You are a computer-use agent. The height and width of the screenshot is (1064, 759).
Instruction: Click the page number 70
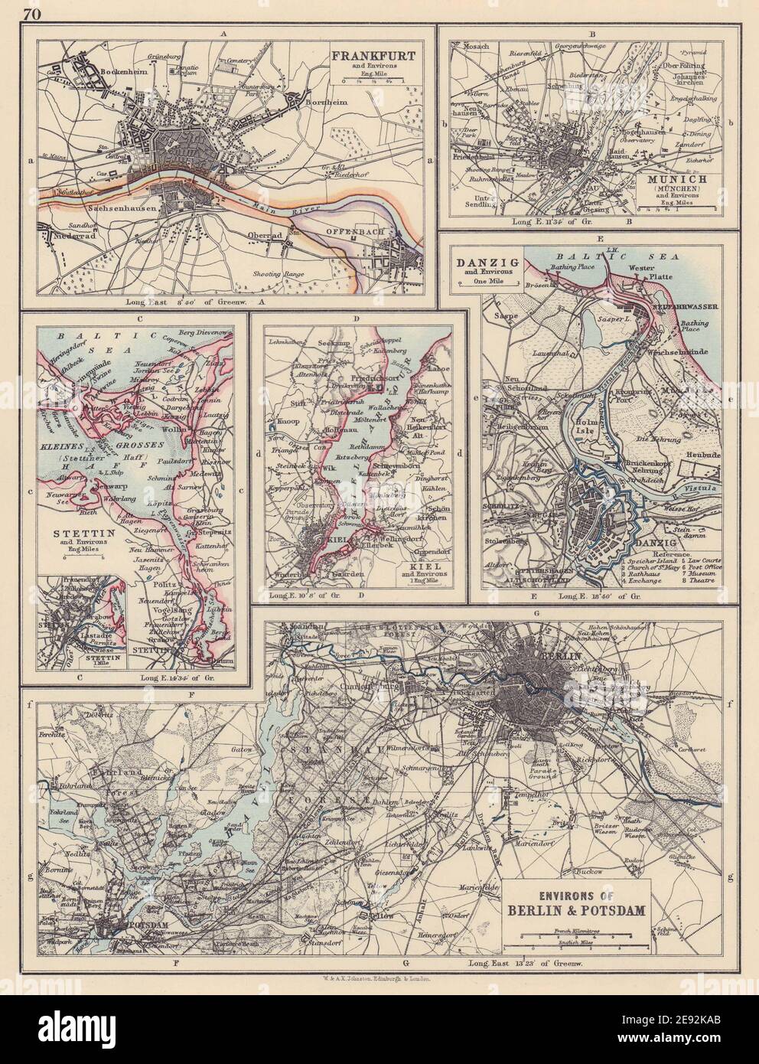pyautogui.click(x=31, y=12)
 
